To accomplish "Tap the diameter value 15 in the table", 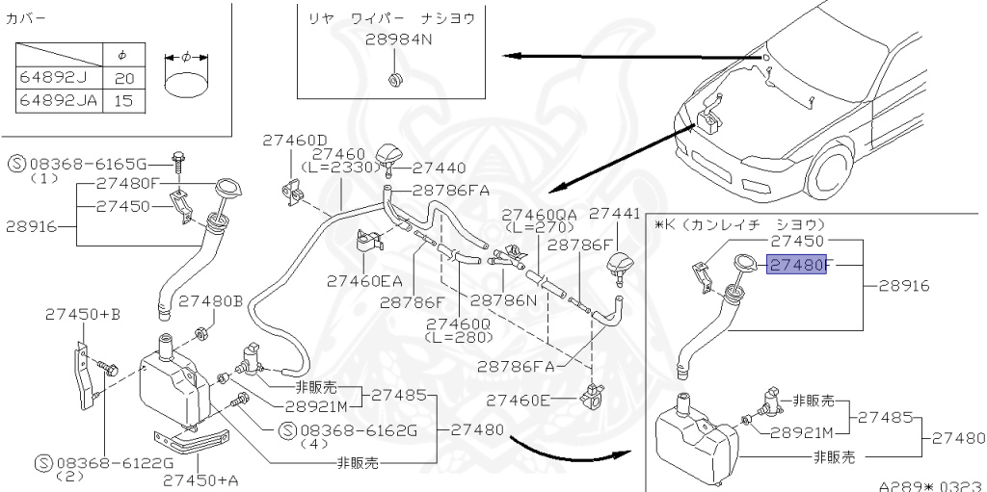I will coord(122,99).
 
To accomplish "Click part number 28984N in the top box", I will coord(396,40).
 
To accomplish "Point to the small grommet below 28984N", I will coord(394,76).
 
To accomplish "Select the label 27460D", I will coord(295,140).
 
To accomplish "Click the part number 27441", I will coord(614,214).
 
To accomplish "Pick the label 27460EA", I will coord(364,281).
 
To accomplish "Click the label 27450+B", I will coord(82,314).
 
